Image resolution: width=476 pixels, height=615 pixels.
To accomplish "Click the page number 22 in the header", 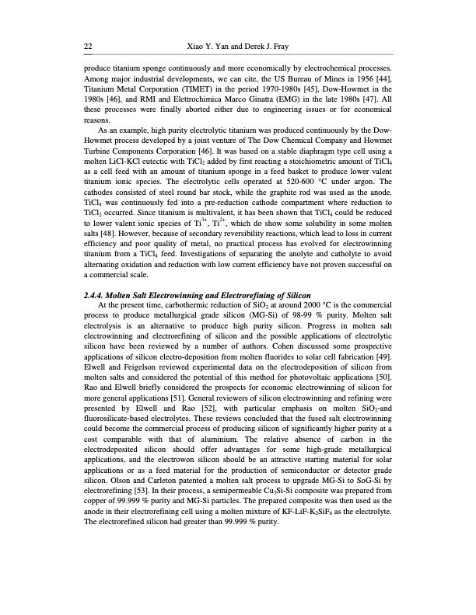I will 88,46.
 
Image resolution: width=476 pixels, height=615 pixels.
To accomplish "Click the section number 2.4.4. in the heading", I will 97,297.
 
